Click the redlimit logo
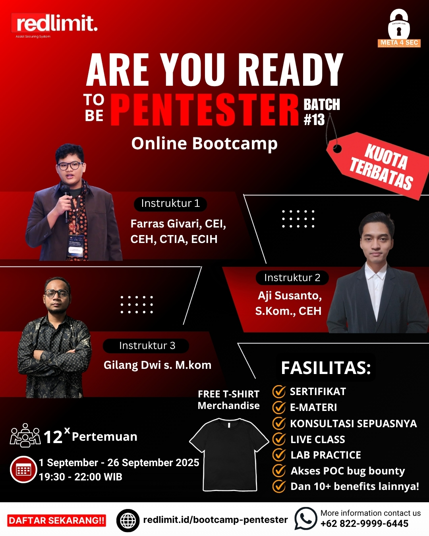[55, 24]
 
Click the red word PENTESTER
[204, 110]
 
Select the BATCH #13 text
[321, 112]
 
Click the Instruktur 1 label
[170, 204]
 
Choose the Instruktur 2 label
[292, 278]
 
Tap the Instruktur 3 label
[147, 346]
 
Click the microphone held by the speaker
[66, 201]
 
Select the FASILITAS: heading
[326, 368]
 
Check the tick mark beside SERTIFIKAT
[279, 391]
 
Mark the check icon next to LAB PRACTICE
[279, 455]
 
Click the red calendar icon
[23, 470]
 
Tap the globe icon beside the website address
[128, 520]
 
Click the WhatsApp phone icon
[305, 519]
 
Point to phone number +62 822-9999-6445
[364, 524]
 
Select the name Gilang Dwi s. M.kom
[157, 365]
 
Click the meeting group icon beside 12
[25, 436]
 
